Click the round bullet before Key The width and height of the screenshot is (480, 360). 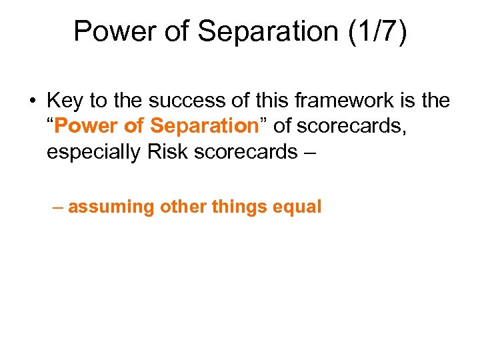[x=33, y=101]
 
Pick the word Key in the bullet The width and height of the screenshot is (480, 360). [x=64, y=101]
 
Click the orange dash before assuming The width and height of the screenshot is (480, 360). [x=59, y=207]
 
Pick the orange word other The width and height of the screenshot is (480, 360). [x=183, y=207]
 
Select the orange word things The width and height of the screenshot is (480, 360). [x=240, y=207]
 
